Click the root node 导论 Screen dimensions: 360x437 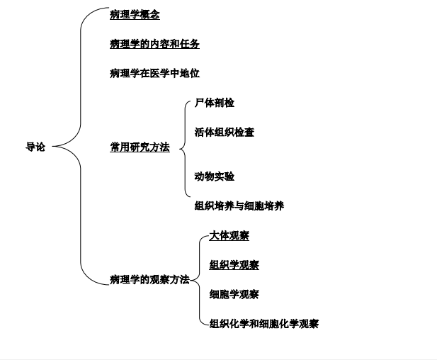35,147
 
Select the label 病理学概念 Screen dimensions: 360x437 135,15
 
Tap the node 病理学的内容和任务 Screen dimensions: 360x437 154,44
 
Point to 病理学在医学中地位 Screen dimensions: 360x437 154,73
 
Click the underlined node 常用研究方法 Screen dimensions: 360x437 140,147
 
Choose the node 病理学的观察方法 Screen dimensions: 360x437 149,280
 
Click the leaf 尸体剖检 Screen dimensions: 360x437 215,103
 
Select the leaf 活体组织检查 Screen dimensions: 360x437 225,132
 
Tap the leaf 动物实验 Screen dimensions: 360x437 215,176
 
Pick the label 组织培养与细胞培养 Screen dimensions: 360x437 239,206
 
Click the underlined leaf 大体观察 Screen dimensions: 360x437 229,235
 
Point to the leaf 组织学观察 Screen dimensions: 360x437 234,265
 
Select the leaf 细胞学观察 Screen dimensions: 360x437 234,294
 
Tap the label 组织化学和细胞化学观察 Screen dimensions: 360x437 264,324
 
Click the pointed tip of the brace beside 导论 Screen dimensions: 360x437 54,147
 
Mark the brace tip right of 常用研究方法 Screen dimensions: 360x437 180,148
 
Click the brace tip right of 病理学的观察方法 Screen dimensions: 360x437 191,281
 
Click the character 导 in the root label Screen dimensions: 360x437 30,147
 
